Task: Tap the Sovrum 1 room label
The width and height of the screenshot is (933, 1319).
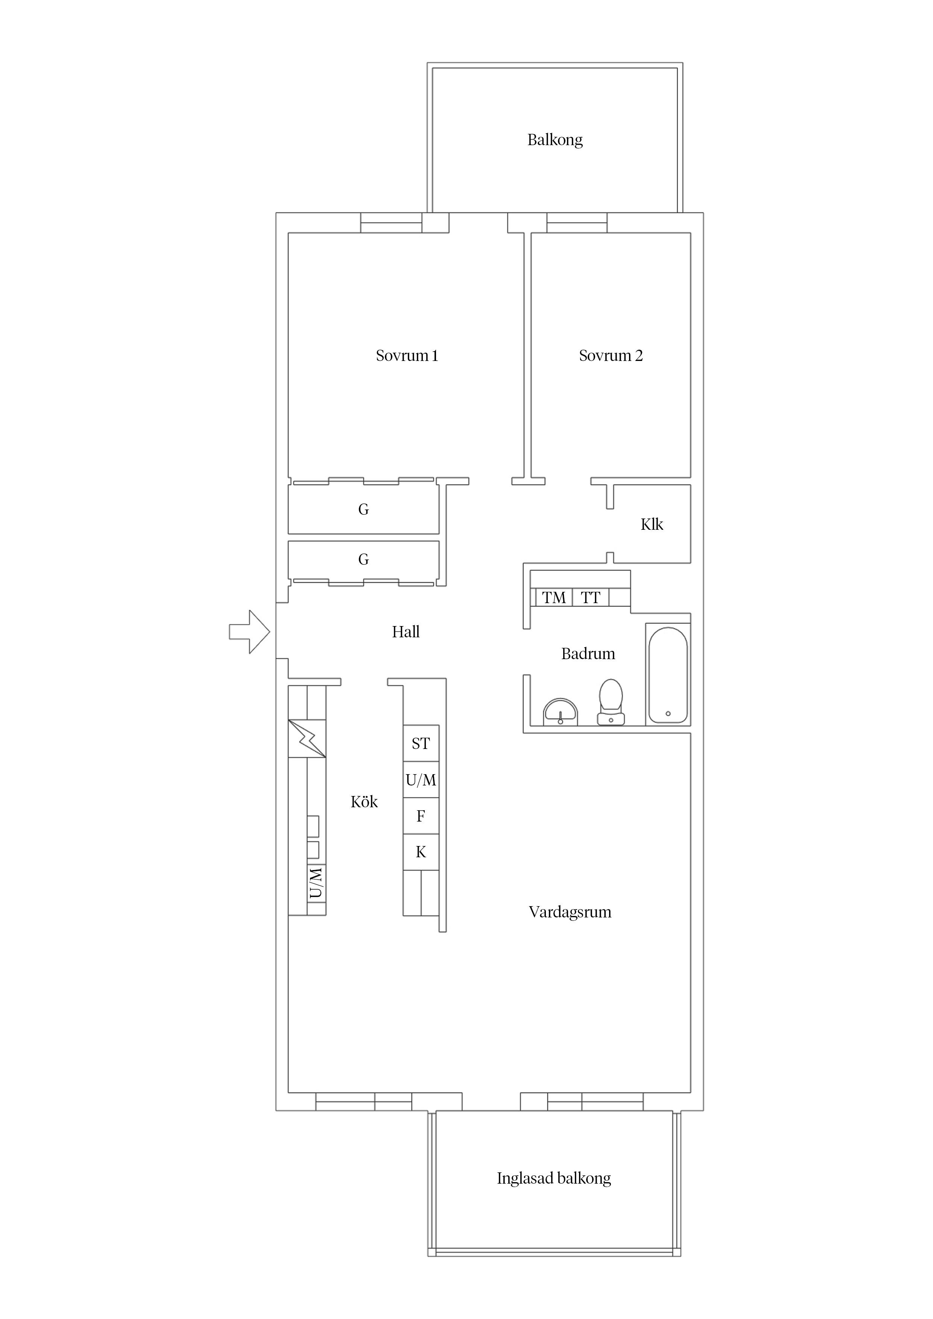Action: click(x=407, y=356)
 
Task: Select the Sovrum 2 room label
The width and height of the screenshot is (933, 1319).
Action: click(x=611, y=356)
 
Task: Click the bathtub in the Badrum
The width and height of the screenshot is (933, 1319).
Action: click(x=668, y=675)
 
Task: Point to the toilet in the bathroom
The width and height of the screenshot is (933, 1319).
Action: click(x=611, y=702)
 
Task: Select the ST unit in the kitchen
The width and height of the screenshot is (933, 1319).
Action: click(x=421, y=743)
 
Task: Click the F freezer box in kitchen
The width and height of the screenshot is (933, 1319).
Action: click(x=421, y=816)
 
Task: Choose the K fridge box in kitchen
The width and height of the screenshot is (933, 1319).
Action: click(x=421, y=852)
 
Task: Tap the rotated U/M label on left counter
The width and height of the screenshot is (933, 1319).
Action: click(x=316, y=883)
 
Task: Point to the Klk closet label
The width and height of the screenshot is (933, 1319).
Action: click(x=652, y=524)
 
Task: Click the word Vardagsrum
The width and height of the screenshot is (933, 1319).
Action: click(x=570, y=912)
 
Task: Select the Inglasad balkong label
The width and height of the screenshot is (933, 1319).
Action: click(x=553, y=1178)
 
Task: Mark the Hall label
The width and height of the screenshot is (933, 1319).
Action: click(x=406, y=632)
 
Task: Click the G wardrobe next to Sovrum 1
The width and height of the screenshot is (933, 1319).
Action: click(x=363, y=509)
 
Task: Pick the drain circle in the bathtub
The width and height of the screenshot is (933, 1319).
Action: click(x=668, y=714)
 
